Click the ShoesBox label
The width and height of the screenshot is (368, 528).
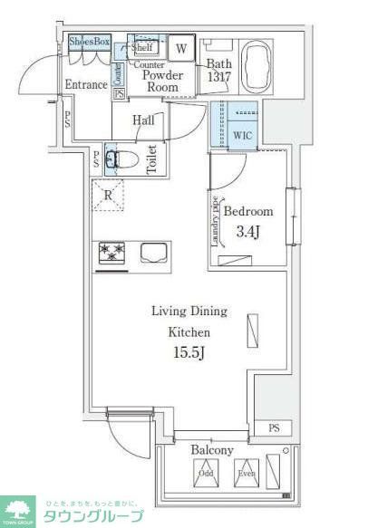[x=89, y=42]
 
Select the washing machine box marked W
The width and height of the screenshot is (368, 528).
[x=181, y=49]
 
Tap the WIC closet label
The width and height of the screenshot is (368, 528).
[x=242, y=135]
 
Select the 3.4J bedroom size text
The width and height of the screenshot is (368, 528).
[x=247, y=231]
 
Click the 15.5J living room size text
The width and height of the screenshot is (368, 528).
[x=189, y=352]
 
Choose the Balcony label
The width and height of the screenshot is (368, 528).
[x=212, y=450]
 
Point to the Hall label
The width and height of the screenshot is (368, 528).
[x=143, y=120]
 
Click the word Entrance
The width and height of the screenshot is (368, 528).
[x=86, y=85]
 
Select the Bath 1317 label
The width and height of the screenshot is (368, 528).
[x=218, y=72]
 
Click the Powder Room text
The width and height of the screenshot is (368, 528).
[x=163, y=82]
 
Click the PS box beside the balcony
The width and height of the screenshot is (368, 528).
[x=273, y=427]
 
